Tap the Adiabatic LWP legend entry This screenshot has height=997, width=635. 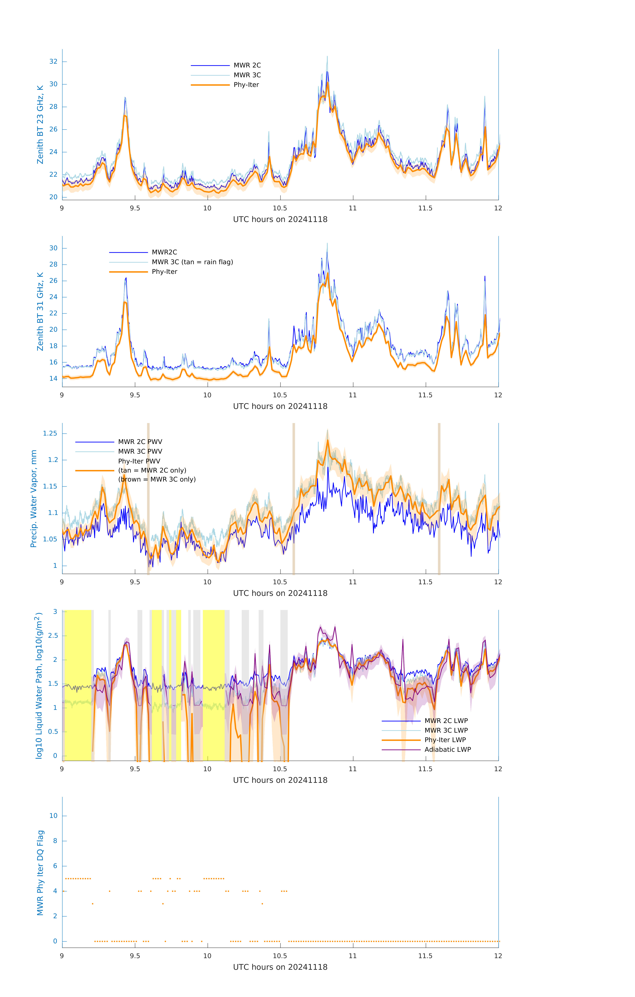tap(448, 749)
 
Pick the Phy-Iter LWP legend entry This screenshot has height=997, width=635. tap(445, 740)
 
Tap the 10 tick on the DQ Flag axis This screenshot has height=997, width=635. tap(53, 816)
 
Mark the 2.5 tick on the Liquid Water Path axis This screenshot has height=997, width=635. tap(53, 636)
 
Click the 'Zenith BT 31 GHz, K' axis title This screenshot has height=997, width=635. tap(40, 311)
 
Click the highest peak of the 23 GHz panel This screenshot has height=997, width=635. tap(327, 57)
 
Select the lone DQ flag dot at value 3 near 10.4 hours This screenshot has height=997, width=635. tap(262, 903)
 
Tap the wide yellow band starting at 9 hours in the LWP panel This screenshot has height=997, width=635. tap(78, 685)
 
